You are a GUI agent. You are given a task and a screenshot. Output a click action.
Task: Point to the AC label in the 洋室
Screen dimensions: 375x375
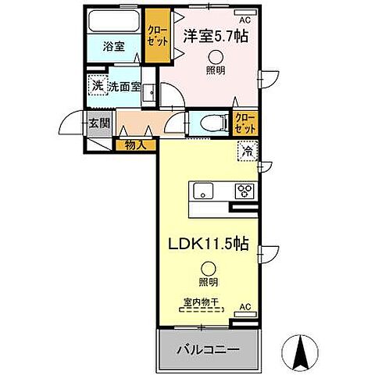pos(245,19)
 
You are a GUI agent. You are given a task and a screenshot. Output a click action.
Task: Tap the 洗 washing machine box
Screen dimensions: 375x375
pos(98,86)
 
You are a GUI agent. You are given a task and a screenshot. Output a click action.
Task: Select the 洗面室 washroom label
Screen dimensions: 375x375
pos(124,87)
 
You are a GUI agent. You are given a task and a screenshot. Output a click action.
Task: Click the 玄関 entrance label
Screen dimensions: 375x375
pos(98,123)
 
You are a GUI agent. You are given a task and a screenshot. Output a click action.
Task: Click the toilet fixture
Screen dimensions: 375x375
pos(212,122)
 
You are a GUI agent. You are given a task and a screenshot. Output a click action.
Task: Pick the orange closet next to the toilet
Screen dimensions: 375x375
pos(245,123)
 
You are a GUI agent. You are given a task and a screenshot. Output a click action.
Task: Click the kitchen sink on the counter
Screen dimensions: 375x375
pos(201,191)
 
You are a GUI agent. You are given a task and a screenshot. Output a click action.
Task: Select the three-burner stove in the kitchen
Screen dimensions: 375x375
pos(245,191)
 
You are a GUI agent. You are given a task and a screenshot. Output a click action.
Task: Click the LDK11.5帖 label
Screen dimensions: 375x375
pos(208,244)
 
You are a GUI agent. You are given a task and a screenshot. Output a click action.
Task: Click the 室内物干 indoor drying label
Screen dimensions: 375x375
pos(199,301)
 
